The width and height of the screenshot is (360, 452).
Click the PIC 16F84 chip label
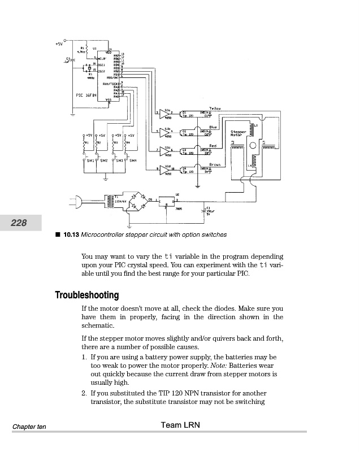point(86,95)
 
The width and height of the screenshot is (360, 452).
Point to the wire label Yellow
point(214,107)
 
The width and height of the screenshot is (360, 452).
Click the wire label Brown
point(214,164)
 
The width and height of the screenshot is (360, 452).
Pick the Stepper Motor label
point(238,133)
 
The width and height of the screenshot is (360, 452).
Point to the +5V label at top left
point(59,43)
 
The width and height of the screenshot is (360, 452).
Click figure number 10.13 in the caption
point(71,234)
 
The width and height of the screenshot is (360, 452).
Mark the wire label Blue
point(213,127)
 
